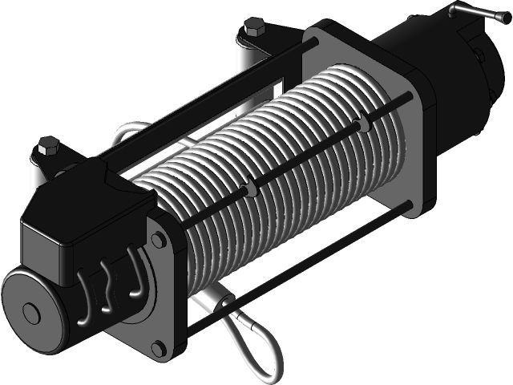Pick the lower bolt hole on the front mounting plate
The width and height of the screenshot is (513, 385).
[158, 346]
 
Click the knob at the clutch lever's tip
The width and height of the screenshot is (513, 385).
[454, 12]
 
